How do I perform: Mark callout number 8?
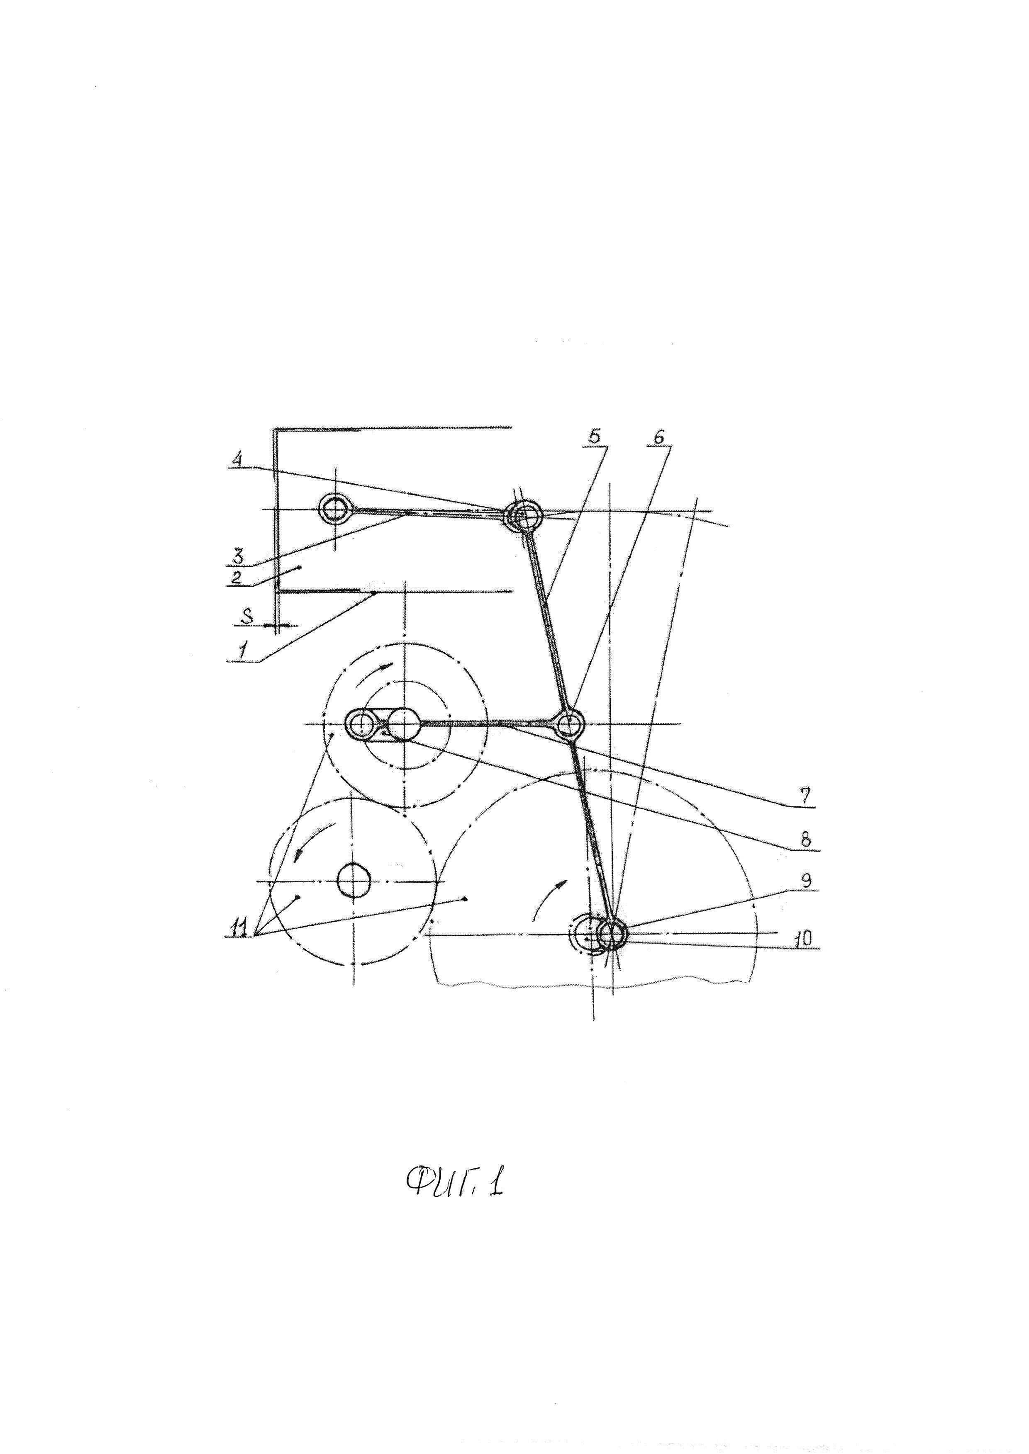[x=805, y=839]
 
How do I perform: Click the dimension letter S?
[x=249, y=614]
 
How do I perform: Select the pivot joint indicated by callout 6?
[x=568, y=723]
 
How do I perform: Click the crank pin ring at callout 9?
[x=612, y=932]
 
